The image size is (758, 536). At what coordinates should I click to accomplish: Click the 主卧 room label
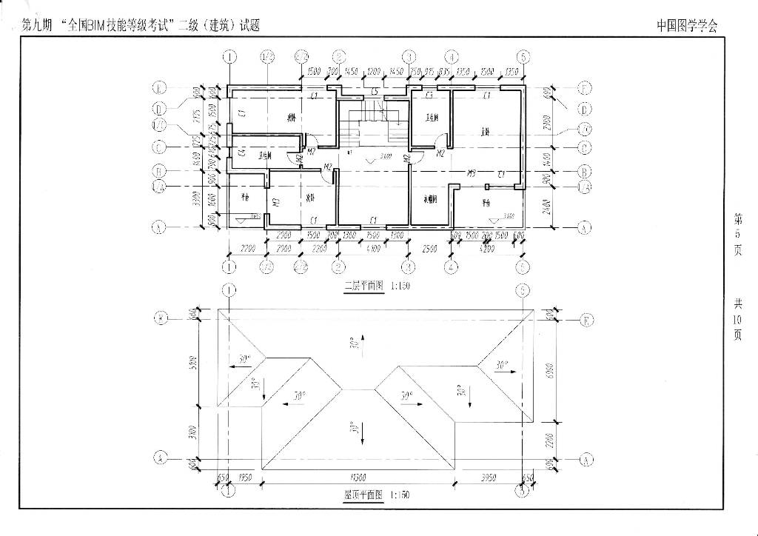click(486, 133)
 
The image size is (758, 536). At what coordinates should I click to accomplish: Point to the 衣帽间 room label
click(430, 199)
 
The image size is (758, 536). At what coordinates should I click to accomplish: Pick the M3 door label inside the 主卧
click(471, 173)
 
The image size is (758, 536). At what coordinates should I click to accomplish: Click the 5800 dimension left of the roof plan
click(192, 364)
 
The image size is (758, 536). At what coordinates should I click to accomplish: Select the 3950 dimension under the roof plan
click(488, 478)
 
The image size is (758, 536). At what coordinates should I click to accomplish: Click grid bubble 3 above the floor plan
click(408, 56)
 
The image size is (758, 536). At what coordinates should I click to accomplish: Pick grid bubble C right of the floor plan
click(585, 148)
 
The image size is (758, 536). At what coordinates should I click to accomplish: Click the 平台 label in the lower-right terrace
click(486, 202)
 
